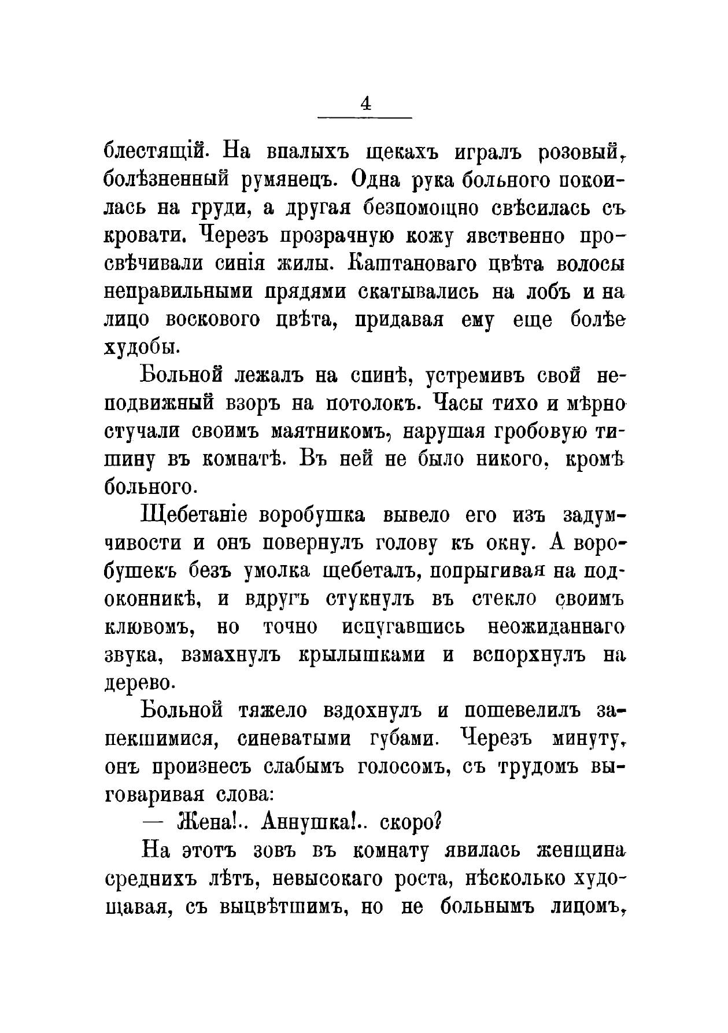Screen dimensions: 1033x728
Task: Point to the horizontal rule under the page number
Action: tap(365, 119)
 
